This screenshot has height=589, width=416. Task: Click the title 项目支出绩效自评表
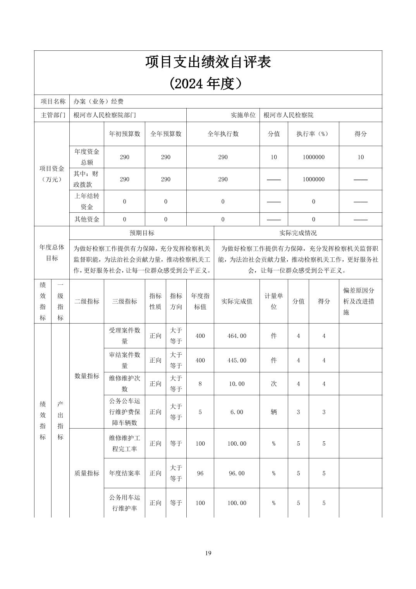click(208, 62)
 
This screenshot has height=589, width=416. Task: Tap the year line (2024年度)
click(208, 83)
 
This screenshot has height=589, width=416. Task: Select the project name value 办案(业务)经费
click(99, 102)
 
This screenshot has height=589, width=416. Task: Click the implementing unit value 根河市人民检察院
click(289, 115)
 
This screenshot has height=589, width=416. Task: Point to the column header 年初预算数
click(125, 134)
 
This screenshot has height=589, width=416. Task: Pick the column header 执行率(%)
click(313, 134)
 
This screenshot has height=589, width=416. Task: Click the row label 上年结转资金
click(87, 201)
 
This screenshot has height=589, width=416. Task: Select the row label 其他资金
click(87, 219)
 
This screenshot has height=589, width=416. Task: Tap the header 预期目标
click(142, 233)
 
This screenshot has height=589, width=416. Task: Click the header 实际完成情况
click(298, 233)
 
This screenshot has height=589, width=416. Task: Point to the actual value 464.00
click(237, 336)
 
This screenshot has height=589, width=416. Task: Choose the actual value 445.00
click(237, 360)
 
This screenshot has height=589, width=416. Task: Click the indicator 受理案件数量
click(125, 336)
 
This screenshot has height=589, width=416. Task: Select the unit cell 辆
click(274, 412)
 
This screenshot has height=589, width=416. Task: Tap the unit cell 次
click(274, 384)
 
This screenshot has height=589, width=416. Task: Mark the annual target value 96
click(200, 473)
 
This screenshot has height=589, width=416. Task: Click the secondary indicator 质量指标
click(87, 473)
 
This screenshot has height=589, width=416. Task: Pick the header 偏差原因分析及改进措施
click(359, 301)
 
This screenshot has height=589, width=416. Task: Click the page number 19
click(208, 553)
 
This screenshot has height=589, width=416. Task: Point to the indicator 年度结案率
click(125, 473)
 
